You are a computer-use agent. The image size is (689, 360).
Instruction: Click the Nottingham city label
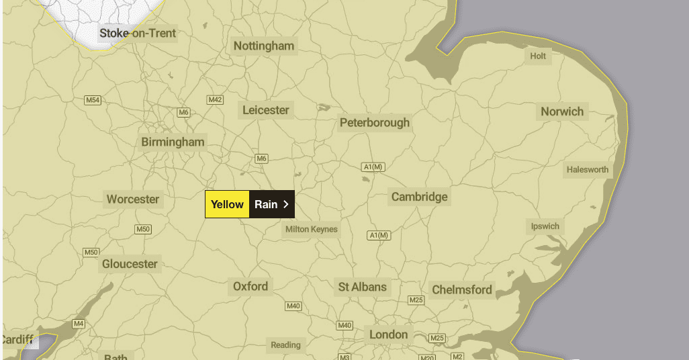[x=264, y=46]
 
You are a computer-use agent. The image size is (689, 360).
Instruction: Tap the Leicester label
[x=266, y=110]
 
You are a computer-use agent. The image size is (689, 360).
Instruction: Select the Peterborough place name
[x=374, y=123]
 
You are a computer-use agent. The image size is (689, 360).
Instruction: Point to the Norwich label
[x=562, y=111]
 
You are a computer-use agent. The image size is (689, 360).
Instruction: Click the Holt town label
[x=538, y=56]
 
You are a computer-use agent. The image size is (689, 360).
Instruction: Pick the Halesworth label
[x=588, y=170]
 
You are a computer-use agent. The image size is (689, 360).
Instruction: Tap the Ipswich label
[x=545, y=226]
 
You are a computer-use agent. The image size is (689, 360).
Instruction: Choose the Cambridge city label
[x=419, y=197]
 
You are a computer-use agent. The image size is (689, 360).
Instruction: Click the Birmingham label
[x=173, y=142]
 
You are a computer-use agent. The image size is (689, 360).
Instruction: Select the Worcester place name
[x=133, y=199]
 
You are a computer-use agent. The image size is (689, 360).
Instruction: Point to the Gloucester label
[x=130, y=264]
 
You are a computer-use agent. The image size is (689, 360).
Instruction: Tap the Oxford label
[x=250, y=287]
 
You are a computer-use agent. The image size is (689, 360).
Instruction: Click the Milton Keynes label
[x=312, y=230]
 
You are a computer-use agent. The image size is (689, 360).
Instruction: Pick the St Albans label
[x=362, y=287]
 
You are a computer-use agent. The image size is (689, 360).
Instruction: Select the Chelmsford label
[x=462, y=290]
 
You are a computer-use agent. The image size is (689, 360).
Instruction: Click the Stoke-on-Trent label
[x=138, y=33]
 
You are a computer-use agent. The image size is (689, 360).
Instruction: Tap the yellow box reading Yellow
[x=227, y=204]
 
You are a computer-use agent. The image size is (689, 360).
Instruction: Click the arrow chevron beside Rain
[x=286, y=204]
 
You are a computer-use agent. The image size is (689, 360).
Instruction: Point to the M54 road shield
[x=93, y=100]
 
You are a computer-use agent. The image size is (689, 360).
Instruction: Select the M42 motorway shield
[x=215, y=100]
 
